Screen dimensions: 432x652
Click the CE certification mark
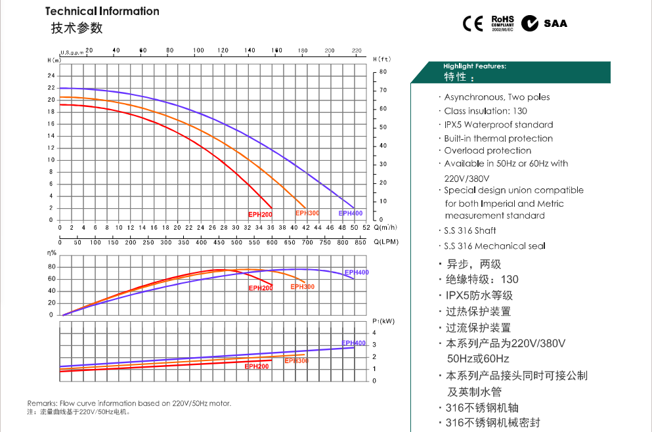pyautogui.click(x=473, y=24)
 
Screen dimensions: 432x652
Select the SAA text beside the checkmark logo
pyautogui.click(x=555, y=24)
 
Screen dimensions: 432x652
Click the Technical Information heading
pyautogui.click(x=102, y=11)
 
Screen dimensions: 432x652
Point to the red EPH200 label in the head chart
pyautogui.click(x=260, y=215)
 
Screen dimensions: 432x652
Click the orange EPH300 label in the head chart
pyautogui.click(x=307, y=213)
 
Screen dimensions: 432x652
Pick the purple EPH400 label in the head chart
pyautogui.click(x=351, y=213)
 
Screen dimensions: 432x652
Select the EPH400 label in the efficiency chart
pyautogui.click(x=357, y=272)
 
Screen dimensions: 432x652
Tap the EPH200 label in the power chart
pyautogui.click(x=257, y=366)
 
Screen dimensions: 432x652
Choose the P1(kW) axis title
pyautogui.click(x=382, y=320)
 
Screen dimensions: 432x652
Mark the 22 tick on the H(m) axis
pyautogui.click(x=51, y=88)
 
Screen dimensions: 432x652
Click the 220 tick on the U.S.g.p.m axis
pyautogui.click(x=357, y=51)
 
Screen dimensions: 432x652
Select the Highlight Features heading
pyautogui.click(x=474, y=66)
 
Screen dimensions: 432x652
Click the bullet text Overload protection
pyautogui.click(x=487, y=150)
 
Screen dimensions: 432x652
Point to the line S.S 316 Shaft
pyautogui.click(x=469, y=230)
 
